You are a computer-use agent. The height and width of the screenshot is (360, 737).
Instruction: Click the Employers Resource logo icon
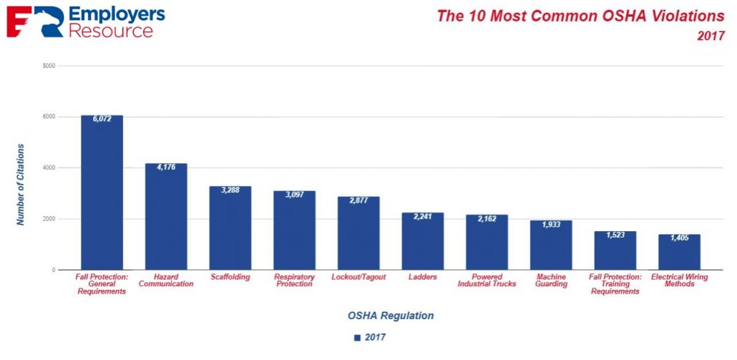23,22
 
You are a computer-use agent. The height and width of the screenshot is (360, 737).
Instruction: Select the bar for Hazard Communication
166,218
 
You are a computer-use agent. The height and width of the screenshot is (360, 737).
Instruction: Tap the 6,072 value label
102,120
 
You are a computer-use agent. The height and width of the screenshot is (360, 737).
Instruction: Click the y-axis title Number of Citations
21,185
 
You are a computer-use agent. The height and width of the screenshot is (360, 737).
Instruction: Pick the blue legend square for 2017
357,337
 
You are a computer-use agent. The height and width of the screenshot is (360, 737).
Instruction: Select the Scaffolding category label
230,277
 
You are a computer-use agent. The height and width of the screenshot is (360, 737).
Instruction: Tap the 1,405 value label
679,238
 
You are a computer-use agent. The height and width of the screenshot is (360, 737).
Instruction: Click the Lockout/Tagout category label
358,277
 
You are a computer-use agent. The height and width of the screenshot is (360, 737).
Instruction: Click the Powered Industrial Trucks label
487,281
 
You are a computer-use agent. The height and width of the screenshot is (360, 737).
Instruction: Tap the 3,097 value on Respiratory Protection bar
294,195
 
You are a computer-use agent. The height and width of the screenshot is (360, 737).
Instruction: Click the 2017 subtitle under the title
711,36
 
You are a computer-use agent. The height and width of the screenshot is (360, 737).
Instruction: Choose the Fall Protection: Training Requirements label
615,284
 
